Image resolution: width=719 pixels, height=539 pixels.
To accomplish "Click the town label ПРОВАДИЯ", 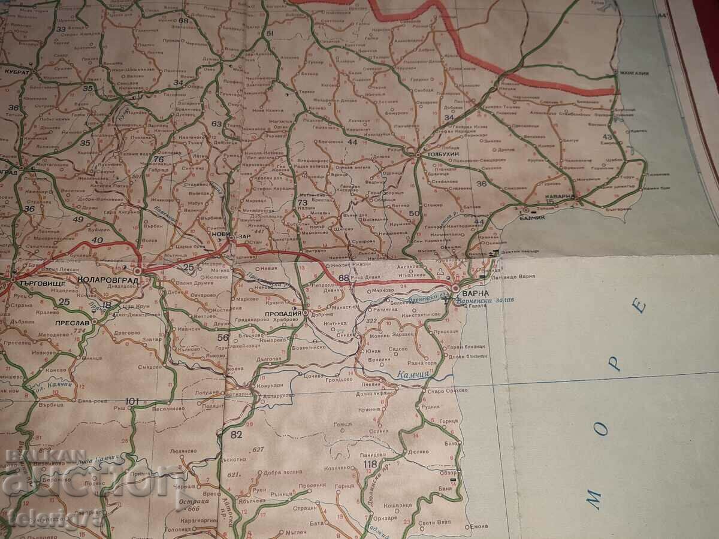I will click(x=283, y=313).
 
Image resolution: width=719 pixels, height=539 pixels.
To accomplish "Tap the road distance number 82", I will click(x=237, y=434).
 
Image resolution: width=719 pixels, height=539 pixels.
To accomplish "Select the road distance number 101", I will click(x=132, y=401).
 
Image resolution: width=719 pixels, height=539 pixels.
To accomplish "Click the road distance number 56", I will click(x=223, y=337).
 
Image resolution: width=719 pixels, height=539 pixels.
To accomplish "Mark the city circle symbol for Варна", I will click(x=455, y=288).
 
